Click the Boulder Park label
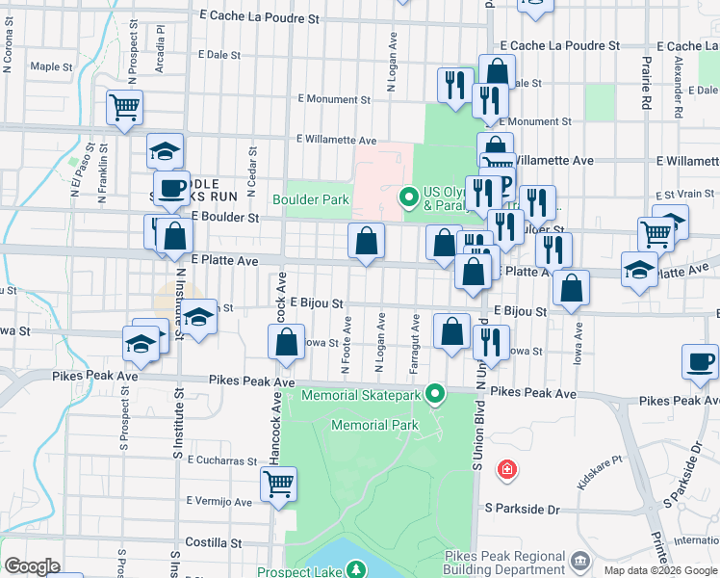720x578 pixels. point(310,200)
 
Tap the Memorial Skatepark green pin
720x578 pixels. point(436,393)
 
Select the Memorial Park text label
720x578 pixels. point(374,425)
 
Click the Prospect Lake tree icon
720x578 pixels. point(357,570)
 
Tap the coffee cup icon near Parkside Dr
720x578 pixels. point(700,362)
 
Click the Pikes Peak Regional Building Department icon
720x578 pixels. point(580,560)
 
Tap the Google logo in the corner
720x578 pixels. point(32,566)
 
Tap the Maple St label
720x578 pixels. point(52,67)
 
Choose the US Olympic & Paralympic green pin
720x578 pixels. point(408,199)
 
